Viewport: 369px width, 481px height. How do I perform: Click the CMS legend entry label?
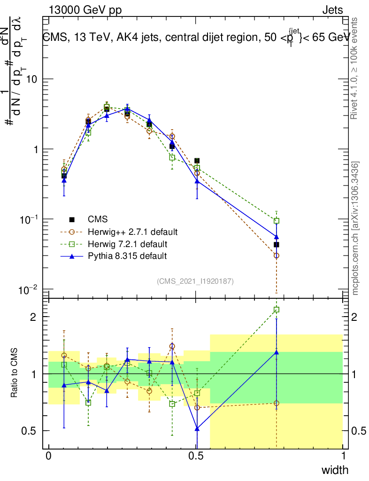click(98, 219)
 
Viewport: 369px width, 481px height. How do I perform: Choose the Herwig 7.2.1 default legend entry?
click(127, 244)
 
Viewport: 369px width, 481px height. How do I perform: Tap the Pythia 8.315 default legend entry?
click(127, 256)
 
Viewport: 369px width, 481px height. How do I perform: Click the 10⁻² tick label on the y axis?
click(29, 289)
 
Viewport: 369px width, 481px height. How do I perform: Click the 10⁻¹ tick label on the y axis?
click(29, 219)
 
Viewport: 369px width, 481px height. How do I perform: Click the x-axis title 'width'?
click(335, 470)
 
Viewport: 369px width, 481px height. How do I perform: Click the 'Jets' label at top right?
click(332, 10)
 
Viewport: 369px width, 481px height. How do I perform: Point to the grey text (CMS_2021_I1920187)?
click(195, 281)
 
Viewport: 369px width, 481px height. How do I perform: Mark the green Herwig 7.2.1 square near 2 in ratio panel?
click(277, 310)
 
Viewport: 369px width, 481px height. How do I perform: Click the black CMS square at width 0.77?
click(277, 245)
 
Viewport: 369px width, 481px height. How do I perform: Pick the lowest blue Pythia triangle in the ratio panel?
click(197, 428)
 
